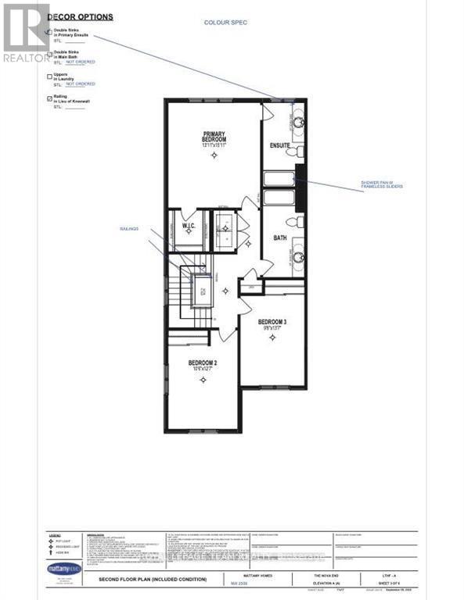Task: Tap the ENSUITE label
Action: [x=280, y=145]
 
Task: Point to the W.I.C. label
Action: [x=188, y=228]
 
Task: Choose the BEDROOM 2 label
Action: [x=203, y=365]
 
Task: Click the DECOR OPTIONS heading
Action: [x=80, y=16]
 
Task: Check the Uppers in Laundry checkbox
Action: [x=50, y=77]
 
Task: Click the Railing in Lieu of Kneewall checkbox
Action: [x=50, y=98]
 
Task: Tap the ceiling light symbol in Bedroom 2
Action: [x=203, y=380]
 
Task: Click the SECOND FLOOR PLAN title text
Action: [x=152, y=580]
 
